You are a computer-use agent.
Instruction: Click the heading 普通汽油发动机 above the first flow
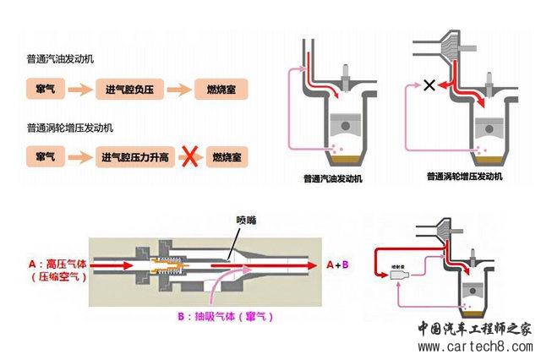[61, 61]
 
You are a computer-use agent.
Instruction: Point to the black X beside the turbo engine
[429, 85]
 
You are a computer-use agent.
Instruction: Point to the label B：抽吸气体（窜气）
[226, 317]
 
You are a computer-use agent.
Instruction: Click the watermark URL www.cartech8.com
[473, 346]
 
